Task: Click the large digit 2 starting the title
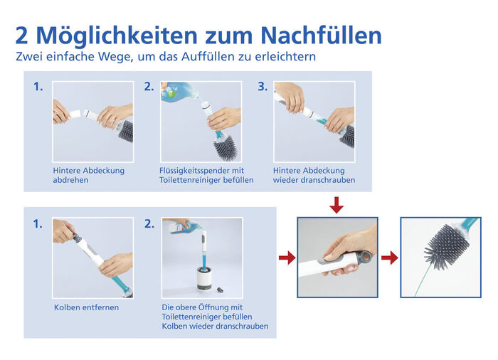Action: tap(23, 35)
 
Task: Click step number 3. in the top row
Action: tap(263, 87)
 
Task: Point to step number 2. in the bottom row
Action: tap(149, 223)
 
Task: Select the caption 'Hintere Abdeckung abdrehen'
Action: tap(88, 175)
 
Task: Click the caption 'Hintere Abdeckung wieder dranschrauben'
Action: tap(314, 175)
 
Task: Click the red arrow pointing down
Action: tap(337, 206)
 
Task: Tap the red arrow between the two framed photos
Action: tap(389, 258)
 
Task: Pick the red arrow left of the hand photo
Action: tap(286, 258)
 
